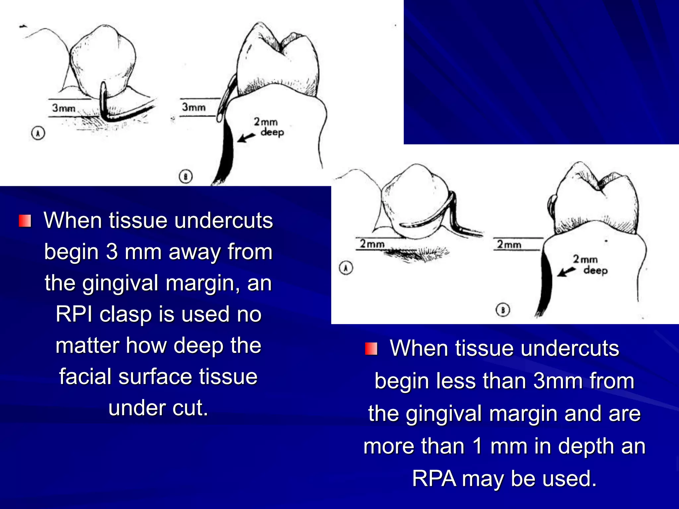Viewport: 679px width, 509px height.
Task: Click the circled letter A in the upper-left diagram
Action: click(38, 133)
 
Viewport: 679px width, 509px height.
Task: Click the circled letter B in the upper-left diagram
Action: click(186, 176)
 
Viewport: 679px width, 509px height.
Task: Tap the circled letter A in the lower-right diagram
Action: click(346, 268)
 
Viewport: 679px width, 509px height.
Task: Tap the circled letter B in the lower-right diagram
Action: click(503, 310)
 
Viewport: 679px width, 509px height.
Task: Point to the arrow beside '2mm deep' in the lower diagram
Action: click(566, 272)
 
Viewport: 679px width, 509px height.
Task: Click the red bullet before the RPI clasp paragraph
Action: click(25, 221)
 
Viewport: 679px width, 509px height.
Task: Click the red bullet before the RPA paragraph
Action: click(371, 349)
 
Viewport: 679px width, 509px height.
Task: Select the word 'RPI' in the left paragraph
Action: click(74, 314)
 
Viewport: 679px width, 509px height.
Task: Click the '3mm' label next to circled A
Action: click(64, 108)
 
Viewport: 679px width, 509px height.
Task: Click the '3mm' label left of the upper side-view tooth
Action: click(194, 107)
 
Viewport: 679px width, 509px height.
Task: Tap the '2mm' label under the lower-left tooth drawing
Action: click(372, 244)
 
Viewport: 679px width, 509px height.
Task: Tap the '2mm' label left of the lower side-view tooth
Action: click(509, 245)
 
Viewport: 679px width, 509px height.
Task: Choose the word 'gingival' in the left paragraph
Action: click(121, 283)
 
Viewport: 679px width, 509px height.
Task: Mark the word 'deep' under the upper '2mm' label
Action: click(272, 132)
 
